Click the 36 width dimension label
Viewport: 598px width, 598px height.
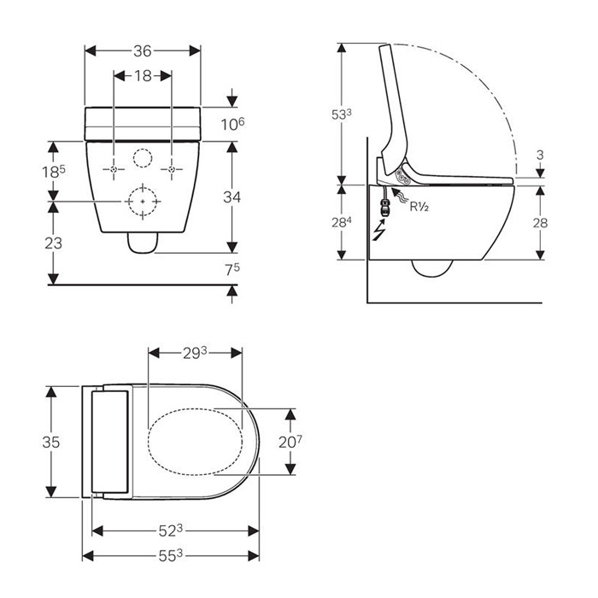click(x=143, y=51)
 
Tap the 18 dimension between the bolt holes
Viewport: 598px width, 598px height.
click(x=143, y=76)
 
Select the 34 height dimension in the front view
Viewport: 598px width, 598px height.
click(x=232, y=197)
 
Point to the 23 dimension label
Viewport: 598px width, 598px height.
click(x=53, y=243)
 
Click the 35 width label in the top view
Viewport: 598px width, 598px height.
click(x=51, y=442)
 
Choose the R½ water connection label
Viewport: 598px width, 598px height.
click(x=419, y=207)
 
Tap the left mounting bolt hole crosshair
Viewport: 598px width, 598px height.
click(x=114, y=169)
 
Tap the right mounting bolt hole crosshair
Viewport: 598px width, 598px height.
click(x=172, y=169)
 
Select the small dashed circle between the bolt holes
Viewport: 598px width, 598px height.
click(x=143, y=158)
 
